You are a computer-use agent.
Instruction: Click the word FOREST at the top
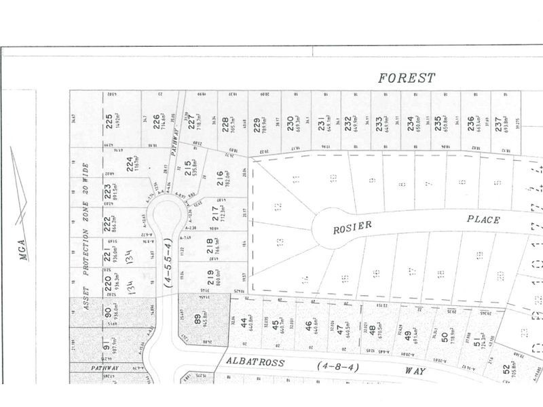click(x=407, y=79)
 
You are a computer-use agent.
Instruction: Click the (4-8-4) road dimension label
click(x=337, y=366)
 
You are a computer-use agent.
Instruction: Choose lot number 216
click(x=219, y=178)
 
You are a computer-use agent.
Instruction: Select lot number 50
click(x=444, y=338)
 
